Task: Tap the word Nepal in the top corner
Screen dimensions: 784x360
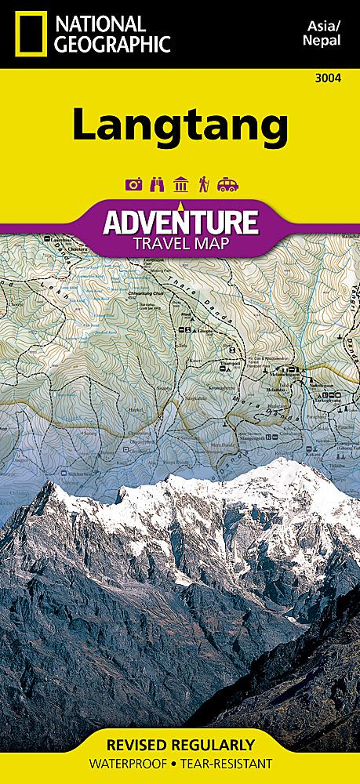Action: [x=323, y=42]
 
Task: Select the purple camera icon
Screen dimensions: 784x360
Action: [x=133, y=184]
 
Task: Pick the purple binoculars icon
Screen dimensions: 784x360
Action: [x=156, y=184]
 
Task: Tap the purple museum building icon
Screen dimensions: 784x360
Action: [x=180, y=184]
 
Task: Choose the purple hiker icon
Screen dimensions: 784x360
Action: [x=203, y=184]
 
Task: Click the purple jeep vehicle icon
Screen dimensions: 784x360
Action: [x=227, y=184]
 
